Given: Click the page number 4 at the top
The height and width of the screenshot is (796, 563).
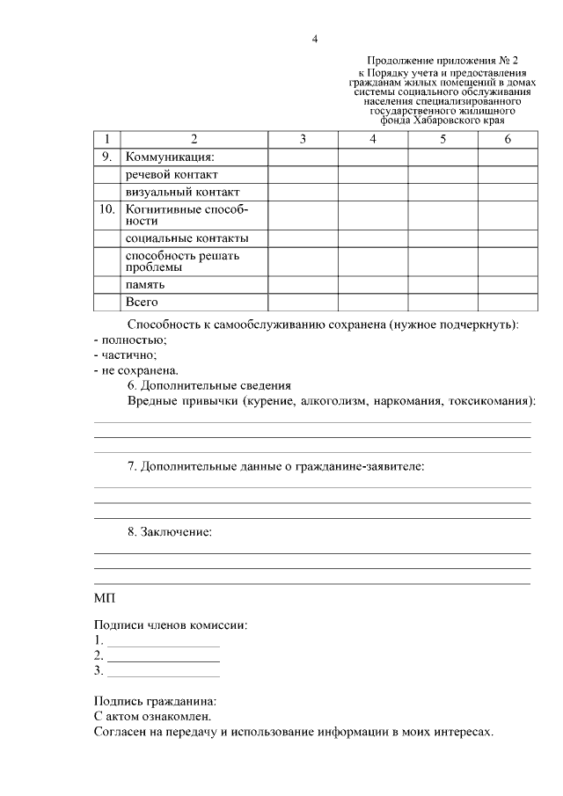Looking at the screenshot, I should tap(314, 39).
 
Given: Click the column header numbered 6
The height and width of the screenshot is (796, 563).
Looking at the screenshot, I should tap(508, 139).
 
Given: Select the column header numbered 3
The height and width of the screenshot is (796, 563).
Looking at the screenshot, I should tap(303, 139).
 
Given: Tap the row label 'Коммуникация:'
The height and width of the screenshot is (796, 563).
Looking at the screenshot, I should tap(170, 157).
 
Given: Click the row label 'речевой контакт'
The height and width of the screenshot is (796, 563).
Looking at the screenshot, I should tap(171, 174).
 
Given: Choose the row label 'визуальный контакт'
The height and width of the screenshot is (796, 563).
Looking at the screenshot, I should tap(183, 192).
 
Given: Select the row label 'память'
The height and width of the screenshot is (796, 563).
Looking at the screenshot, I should tap(145, 285).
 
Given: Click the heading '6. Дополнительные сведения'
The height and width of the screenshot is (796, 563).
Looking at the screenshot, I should tap(209, 385).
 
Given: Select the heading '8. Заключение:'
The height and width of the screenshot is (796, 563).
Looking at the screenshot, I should tap(170, 532).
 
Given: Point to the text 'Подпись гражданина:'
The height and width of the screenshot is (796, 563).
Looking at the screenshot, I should tap(155, 701).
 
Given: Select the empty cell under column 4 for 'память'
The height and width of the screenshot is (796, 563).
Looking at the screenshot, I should tap(372, 285).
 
